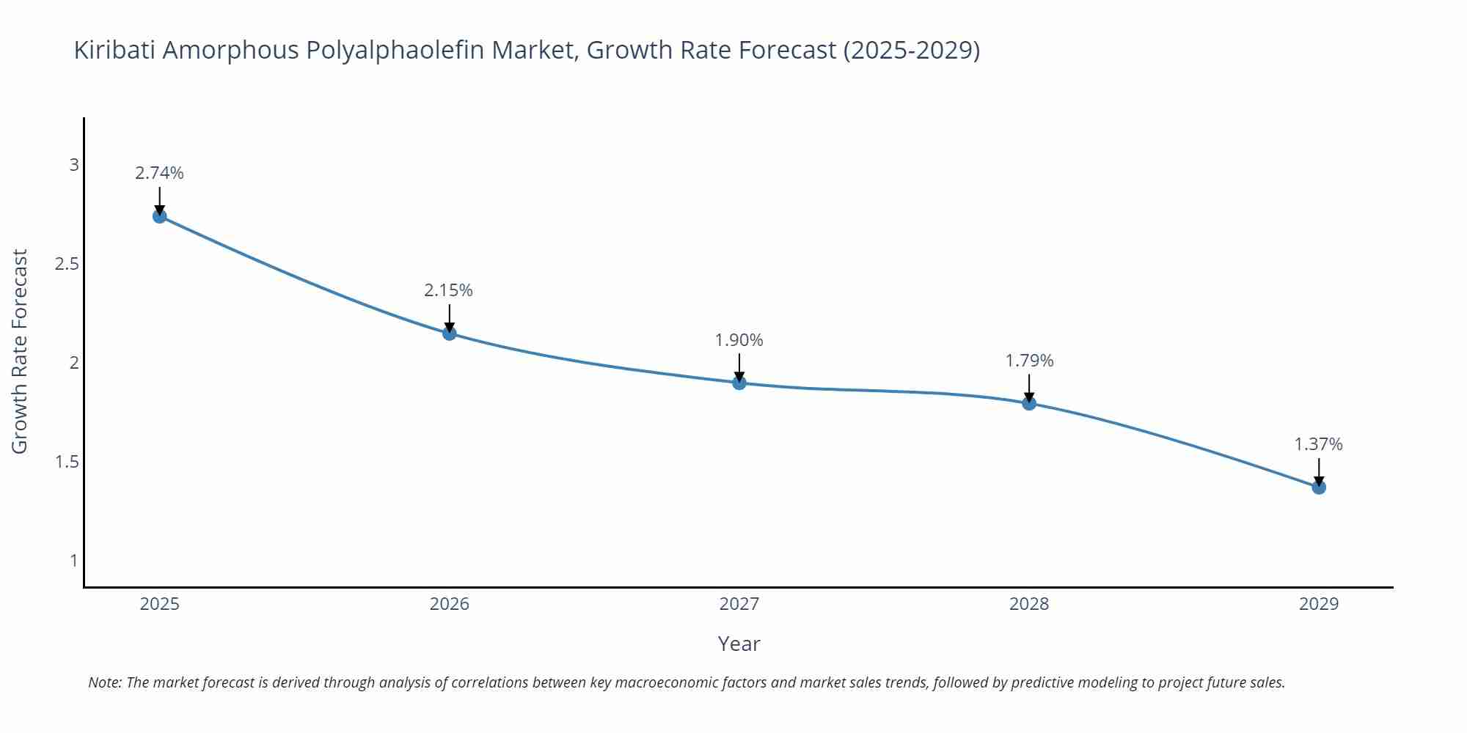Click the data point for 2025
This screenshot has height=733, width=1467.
[160, 216]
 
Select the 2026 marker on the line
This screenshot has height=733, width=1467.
[450, 334]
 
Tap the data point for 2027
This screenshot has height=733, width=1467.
[739, 383]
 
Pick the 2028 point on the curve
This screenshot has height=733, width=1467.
[1029, 403]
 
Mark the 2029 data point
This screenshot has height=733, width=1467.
[1319, 487]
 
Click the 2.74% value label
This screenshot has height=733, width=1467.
[159, 173]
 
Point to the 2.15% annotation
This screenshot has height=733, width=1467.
[448, 290]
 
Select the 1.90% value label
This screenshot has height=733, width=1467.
[739, 340]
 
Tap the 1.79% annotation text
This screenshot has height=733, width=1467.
[1029, 361]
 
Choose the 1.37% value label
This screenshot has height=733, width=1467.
[1318, 444]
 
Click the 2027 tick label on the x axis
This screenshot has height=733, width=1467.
[739, 604]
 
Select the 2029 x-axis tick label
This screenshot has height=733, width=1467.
[1319, 604]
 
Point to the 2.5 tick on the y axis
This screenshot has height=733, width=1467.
[67, 264]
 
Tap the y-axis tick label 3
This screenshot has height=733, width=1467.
[74, 165]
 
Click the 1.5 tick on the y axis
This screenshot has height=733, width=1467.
[67, 462]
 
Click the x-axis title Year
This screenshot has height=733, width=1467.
[739, 644]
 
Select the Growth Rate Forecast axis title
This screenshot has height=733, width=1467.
[20, 351]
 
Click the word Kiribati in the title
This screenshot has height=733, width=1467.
[114, 50]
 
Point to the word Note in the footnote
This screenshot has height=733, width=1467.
[105, 682]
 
